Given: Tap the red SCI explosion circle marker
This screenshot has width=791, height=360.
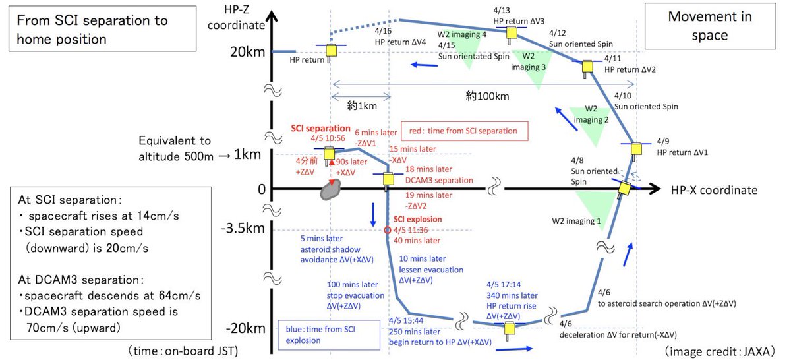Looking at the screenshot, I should [x=388, y=231].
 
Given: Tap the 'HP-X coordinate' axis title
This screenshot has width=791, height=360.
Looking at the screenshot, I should [x=714, y=190].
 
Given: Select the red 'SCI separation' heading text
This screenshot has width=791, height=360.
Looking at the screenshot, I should [x=320, y=128].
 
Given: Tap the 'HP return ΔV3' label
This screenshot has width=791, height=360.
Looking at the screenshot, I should [x=519, y=21].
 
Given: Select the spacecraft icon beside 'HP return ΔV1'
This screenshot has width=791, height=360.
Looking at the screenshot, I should [x=637, y=150].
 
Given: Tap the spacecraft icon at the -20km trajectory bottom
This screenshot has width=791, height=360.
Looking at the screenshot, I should [x=509, y=326].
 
